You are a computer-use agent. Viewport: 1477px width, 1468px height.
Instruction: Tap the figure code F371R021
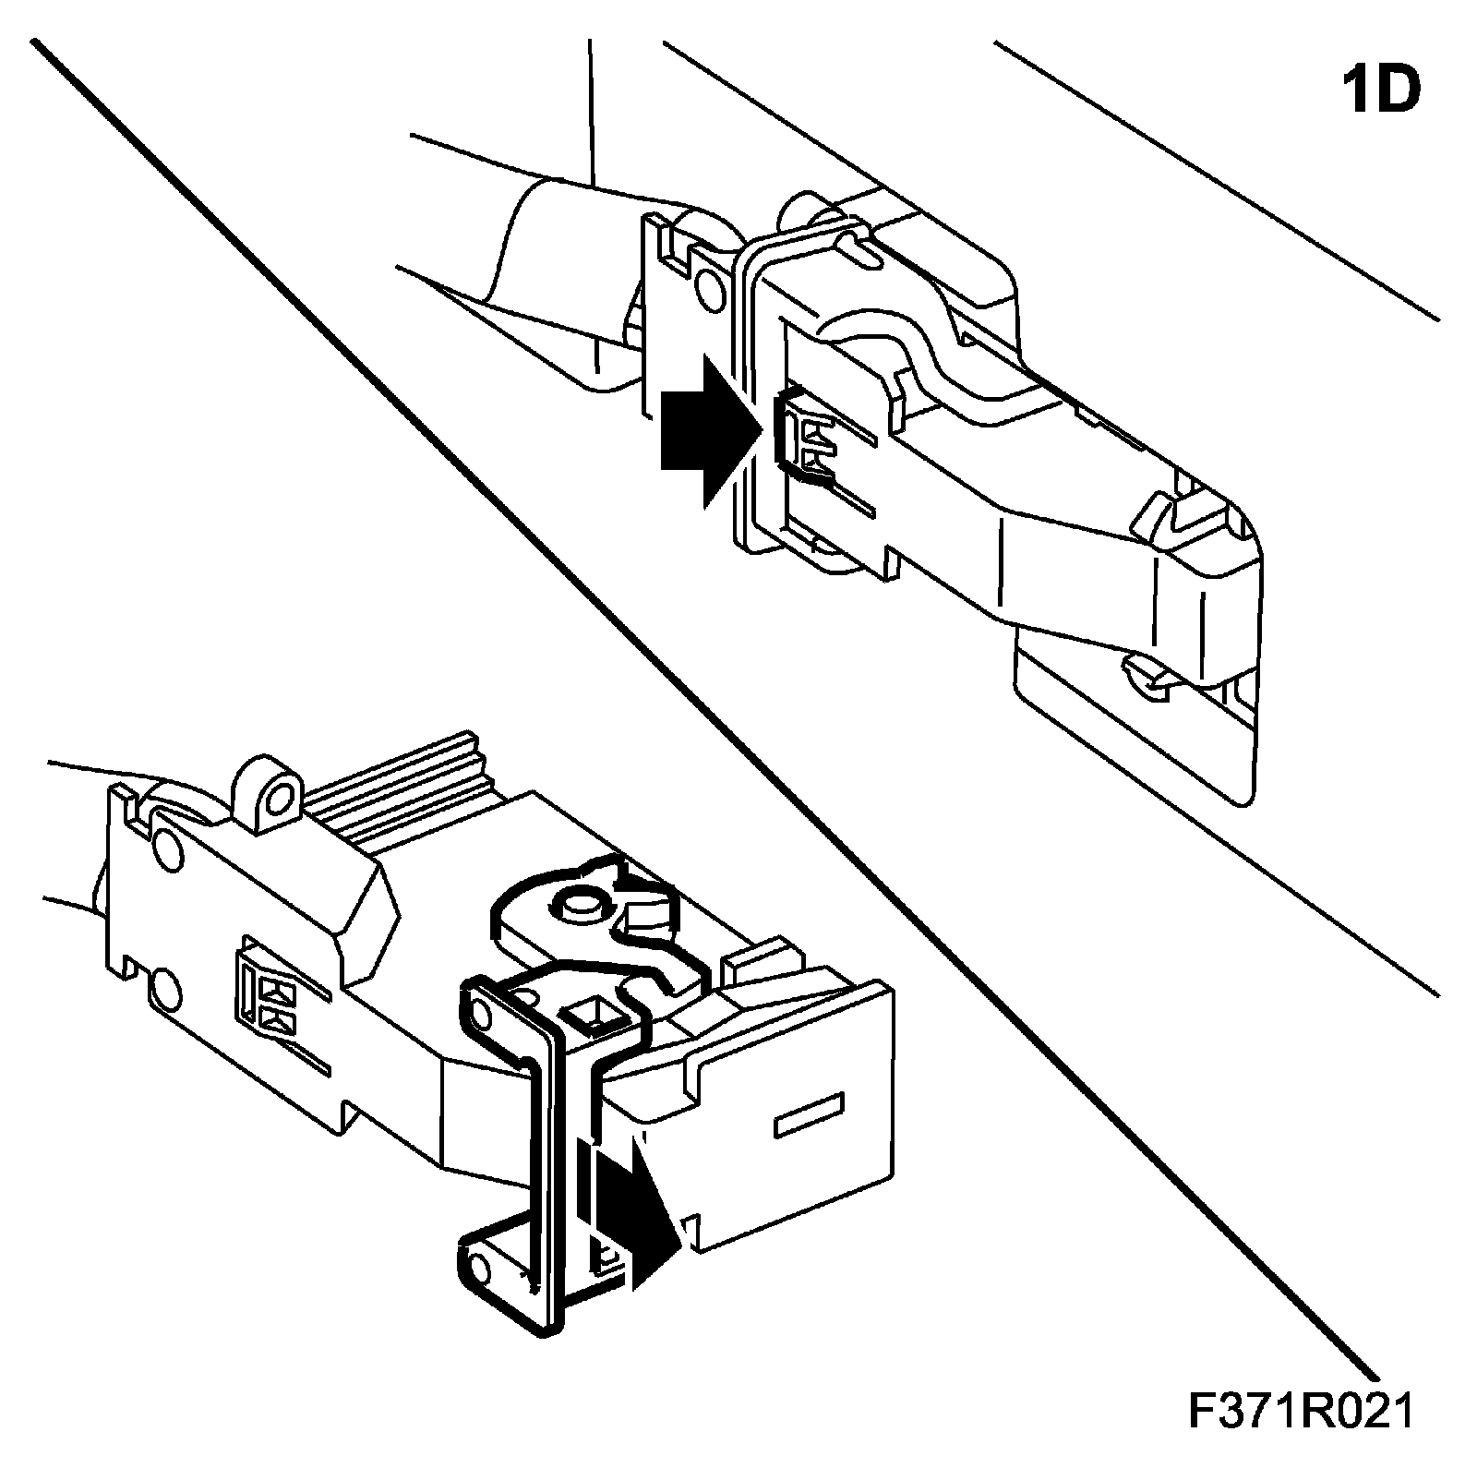pos(1300,1413)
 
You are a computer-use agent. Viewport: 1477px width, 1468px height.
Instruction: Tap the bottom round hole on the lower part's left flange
pos(165,990)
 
